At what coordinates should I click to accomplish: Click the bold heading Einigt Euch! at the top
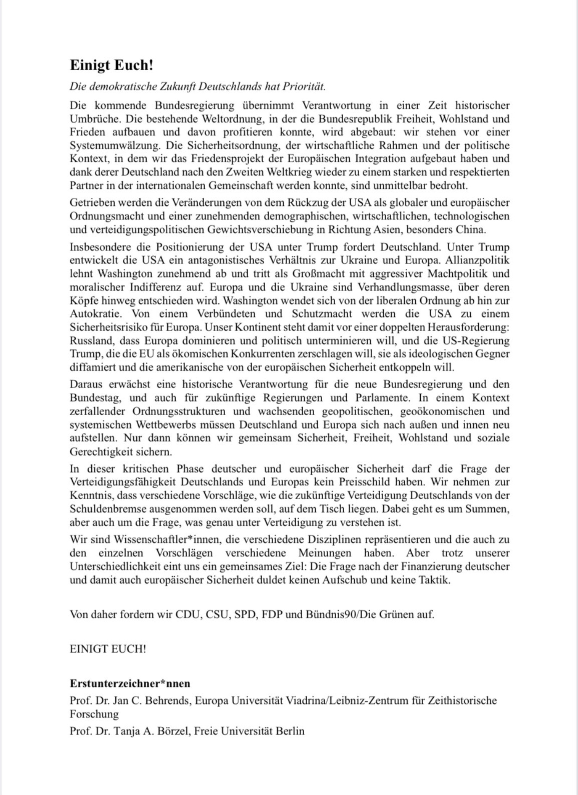[x=111, y=66]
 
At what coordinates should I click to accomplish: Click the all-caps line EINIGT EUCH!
[x=108, y=649]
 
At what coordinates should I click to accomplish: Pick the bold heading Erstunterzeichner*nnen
[x=130, y=684]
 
